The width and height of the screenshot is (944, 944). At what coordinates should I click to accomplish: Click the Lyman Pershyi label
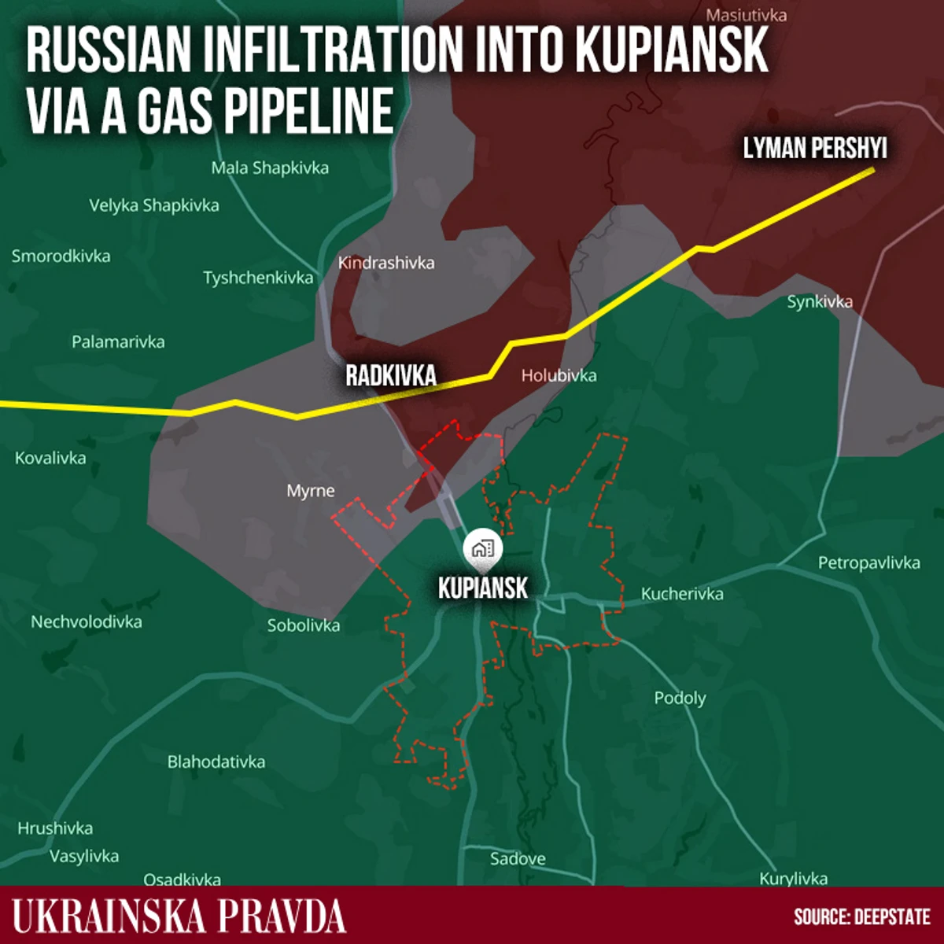(x=815, y=148)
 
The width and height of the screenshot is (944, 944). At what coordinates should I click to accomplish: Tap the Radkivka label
(x=391, y=375)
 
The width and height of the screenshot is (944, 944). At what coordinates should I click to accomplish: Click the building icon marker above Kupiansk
(x=482, y=549)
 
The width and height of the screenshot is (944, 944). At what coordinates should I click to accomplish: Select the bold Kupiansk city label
(x=483, y=588)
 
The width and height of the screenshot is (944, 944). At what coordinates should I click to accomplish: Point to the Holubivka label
(x=559, y=376)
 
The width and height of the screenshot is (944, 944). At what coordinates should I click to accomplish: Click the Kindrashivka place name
(x=386, y=263)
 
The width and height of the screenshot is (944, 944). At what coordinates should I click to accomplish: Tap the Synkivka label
(x=820, y=301)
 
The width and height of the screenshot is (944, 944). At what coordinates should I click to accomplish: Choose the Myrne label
(x=311, y=491)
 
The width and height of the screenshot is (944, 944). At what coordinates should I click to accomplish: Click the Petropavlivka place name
(x=868, y=562)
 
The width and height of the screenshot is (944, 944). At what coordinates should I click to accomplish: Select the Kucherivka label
(x=682, y=594)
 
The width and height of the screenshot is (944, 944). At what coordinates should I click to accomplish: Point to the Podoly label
(x=680, y=698)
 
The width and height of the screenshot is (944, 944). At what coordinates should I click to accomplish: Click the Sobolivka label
(x=304, y=626)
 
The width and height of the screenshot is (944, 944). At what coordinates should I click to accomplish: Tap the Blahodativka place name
(x=216, y=761)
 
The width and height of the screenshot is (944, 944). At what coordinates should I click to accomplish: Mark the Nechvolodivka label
(x=87, y=622)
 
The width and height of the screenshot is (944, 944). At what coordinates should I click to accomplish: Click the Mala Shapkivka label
(x=270, y=168)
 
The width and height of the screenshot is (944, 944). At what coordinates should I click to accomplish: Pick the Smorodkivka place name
(x=61, y=256)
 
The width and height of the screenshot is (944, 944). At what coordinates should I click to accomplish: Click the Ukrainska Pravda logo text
(x=179, y=916)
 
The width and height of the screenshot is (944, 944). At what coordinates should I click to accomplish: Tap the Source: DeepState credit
(x=862, y=917)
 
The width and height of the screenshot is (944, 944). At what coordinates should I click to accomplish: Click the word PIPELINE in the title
(x=310, y=111)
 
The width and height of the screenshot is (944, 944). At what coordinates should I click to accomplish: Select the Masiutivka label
(x=746, y=15)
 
